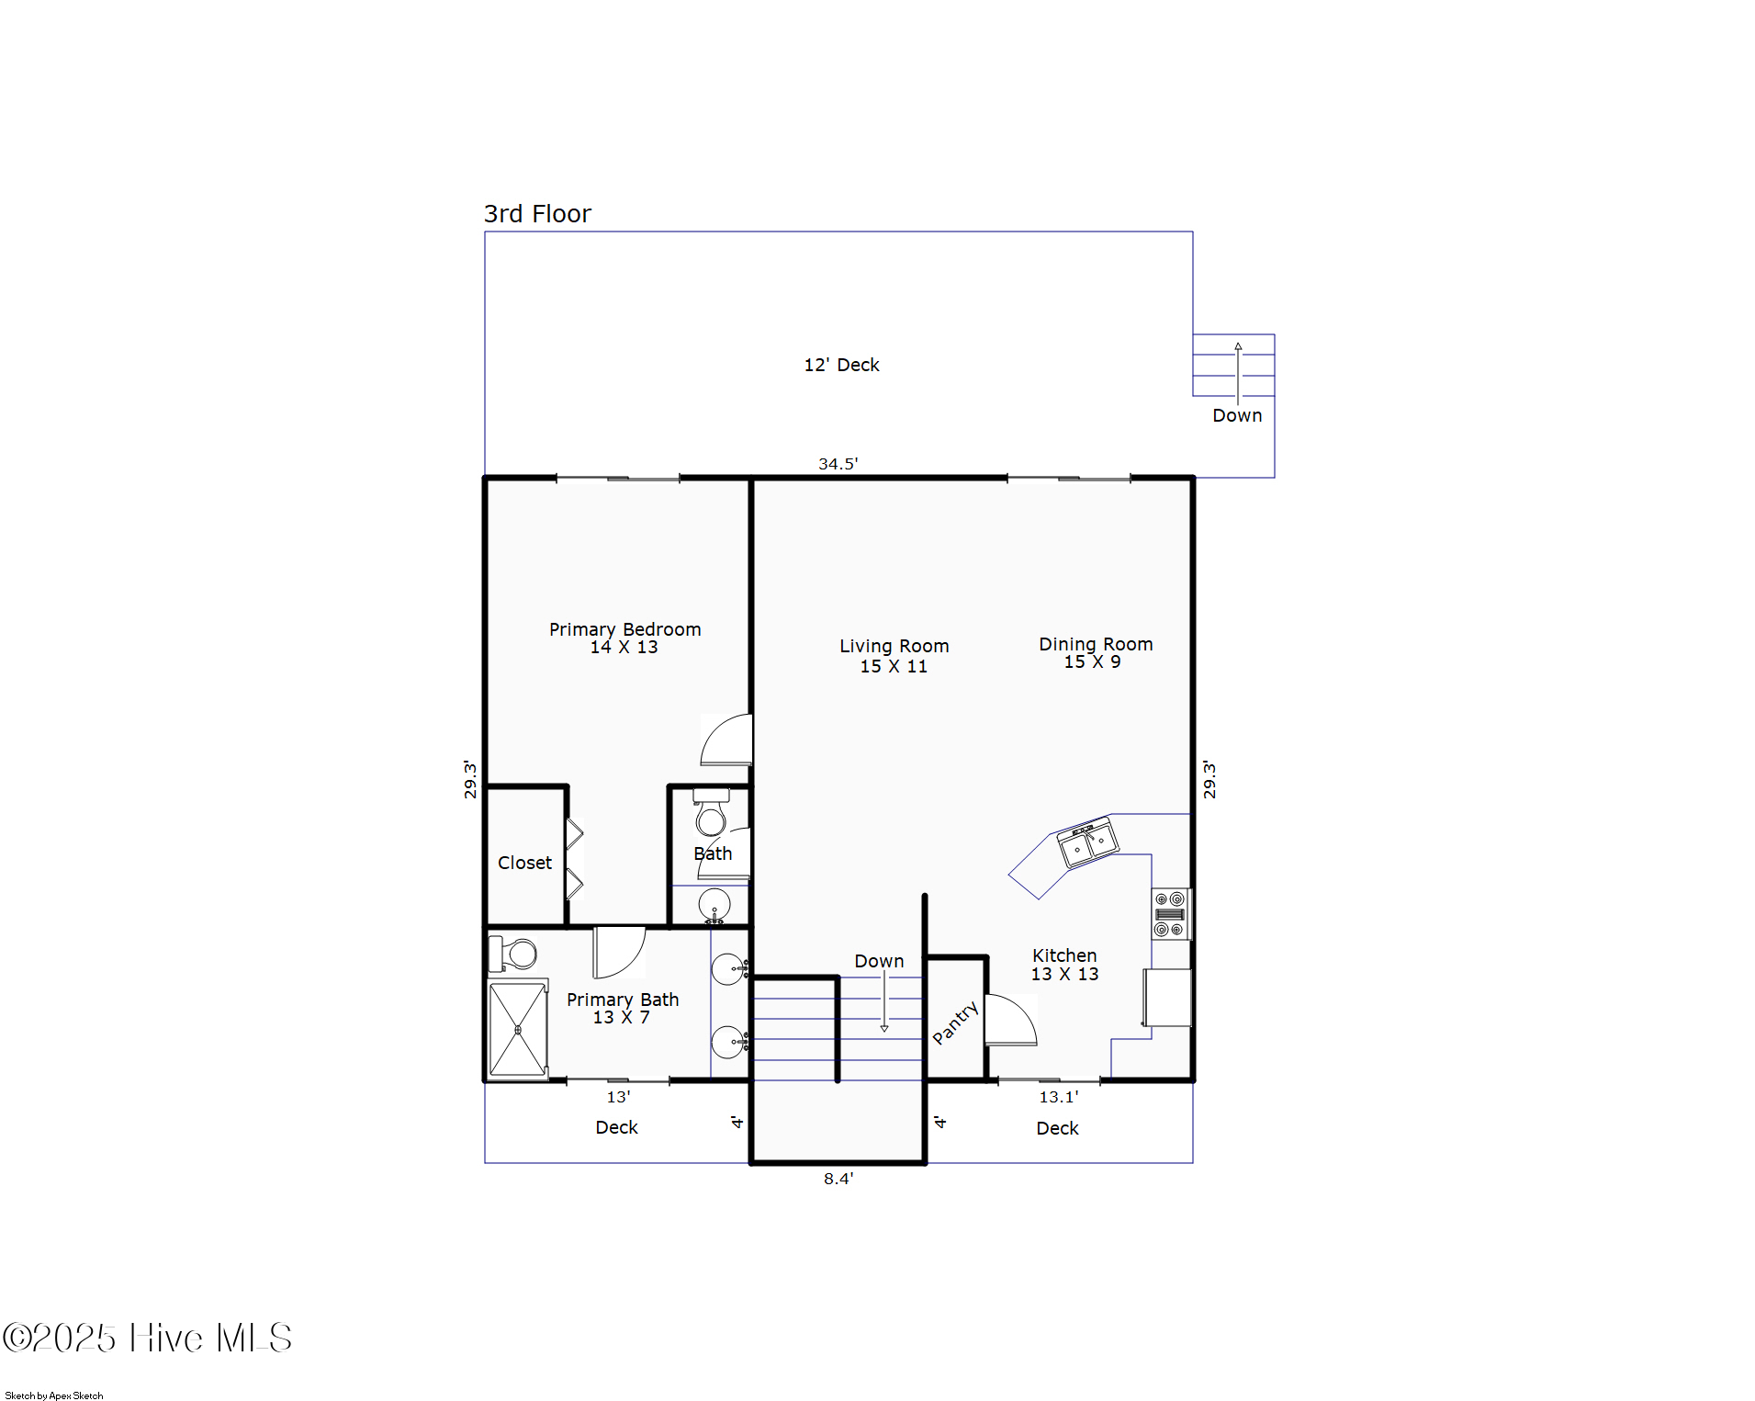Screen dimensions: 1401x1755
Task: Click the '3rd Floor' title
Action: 537,214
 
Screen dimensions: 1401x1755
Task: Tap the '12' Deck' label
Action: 841,365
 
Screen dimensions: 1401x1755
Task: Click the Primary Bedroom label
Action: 624,638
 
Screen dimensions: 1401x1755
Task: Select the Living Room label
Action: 894,655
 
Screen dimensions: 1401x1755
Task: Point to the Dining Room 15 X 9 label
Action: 1095,652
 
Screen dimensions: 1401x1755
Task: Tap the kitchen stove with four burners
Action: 1169,914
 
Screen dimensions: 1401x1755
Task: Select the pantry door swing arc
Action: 1013,1022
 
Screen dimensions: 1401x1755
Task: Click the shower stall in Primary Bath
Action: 518,1029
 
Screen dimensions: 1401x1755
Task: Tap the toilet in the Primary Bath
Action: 514,954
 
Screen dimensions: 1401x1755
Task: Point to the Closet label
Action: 524,863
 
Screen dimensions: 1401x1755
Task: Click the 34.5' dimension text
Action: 838,464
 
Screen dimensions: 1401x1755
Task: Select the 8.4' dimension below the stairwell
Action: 838,1179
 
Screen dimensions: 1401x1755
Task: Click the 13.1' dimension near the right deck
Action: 1058,1097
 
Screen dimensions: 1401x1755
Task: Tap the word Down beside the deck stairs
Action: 1236,415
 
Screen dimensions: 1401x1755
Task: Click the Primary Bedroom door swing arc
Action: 726,740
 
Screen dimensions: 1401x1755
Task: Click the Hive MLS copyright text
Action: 147,1338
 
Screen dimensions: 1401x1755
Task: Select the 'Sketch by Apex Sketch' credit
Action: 54,1395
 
